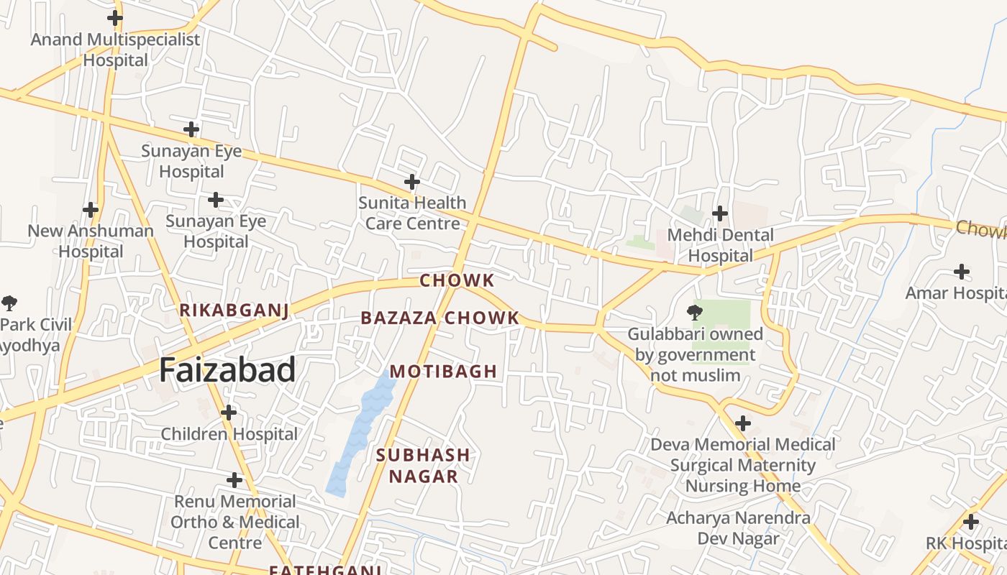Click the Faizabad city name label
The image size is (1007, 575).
click(227, 370)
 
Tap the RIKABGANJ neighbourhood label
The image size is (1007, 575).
click(234, 310)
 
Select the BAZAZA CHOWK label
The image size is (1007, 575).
click(439, 318)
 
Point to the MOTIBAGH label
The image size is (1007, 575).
click(443, 372)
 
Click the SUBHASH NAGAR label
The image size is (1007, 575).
click(423, 465)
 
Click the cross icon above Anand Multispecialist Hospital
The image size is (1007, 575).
click(114, 18)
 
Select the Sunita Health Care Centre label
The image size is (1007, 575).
click(412, 213)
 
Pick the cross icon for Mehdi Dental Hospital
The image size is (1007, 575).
click(719, 213)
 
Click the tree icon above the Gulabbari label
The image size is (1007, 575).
click(695, 312)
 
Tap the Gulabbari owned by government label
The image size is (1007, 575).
click(695, 354)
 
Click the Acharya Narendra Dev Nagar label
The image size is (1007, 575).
click(738, 528)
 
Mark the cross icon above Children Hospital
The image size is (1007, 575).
click(229, 413)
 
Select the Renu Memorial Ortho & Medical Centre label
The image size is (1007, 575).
click(235, 522)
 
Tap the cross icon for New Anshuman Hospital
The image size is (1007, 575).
click(91, 210)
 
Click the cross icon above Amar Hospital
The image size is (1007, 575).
click(961, 272)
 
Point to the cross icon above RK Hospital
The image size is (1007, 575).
click(971, 522)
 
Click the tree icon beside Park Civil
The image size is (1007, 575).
click(9, 303)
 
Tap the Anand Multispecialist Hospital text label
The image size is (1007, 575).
click(115, 50)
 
